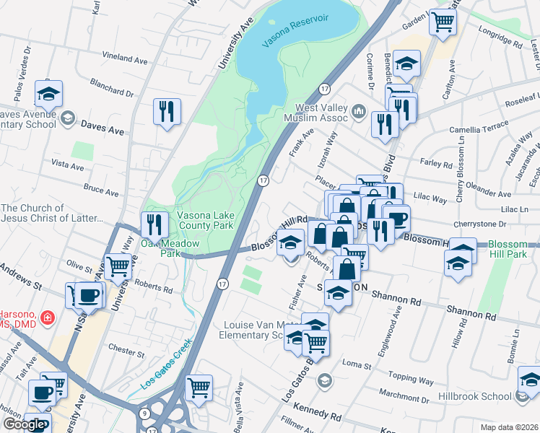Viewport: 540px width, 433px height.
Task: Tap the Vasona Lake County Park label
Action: coord(206,220)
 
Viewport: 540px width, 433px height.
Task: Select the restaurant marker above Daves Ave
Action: coord(167,112)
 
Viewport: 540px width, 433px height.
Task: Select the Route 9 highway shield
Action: coord(146,414)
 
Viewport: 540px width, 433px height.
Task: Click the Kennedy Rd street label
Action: coord(317,416)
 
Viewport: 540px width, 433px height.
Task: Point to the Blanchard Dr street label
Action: coord(112,92)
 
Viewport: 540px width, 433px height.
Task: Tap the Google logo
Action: coord(23,424)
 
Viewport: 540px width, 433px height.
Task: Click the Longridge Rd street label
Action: coord(499,37)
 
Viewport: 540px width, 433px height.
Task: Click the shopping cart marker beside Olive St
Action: coord(118,266)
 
